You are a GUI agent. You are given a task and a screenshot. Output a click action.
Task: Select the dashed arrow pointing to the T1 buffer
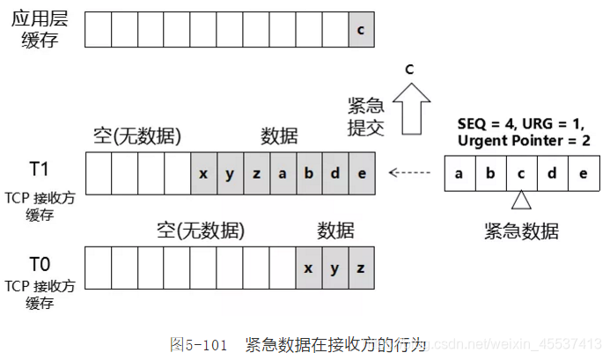[413, 172]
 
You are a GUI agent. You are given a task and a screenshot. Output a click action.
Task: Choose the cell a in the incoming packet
[459, 173]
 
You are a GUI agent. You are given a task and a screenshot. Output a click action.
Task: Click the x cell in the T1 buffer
[203, 173]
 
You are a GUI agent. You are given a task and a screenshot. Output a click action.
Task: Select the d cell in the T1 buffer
[335, 173]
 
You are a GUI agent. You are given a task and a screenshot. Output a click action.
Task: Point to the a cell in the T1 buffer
[283, 173]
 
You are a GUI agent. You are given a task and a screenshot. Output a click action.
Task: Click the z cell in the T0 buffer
[361, 267]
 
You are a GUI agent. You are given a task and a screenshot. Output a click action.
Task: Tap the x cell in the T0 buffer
[309, 267]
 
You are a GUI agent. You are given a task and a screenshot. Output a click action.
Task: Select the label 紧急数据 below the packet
[521, 231]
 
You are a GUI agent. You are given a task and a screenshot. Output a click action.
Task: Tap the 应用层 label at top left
[39, 18]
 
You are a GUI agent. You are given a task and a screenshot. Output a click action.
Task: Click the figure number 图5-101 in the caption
[199, 342]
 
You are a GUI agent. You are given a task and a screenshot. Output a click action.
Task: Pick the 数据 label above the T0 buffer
[335, 231]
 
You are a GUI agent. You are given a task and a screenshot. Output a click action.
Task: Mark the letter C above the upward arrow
[408, 69]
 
